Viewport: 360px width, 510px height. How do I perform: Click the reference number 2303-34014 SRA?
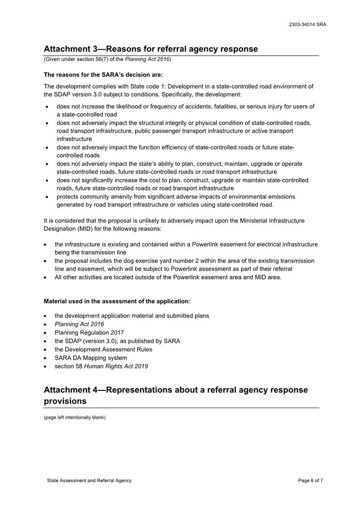tap(307, 25)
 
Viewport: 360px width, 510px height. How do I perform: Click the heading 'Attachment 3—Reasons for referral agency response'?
tap(151, 49)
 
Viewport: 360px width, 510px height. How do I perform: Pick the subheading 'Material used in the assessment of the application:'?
tap(117, 301)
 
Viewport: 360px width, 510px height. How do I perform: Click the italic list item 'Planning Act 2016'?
tap(79, 324)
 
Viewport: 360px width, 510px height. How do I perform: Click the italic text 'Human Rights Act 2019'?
tap(116, 366)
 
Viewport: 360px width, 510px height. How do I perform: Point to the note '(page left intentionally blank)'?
tap(75, 417)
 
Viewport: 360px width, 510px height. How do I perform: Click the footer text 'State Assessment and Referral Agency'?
tap(89, 481)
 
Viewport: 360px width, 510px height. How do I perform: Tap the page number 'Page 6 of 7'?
tap(310, 481)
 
